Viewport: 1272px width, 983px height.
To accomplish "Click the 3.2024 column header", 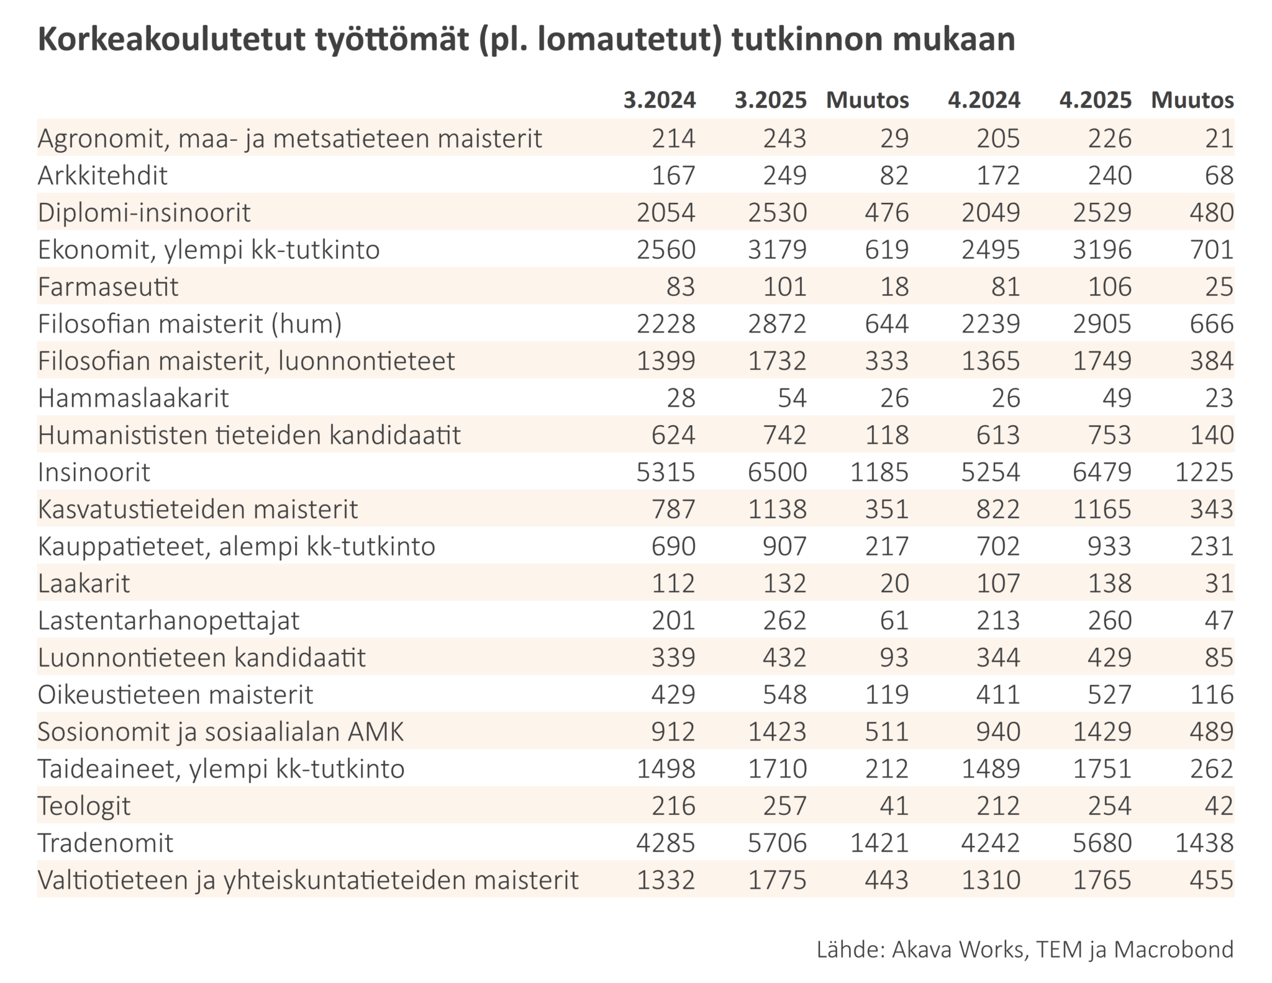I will (x=660, y=100).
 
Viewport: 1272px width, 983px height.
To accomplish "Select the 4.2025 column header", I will (x=1096, y=100).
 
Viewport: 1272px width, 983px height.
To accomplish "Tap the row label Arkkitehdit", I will (x=102, y=176).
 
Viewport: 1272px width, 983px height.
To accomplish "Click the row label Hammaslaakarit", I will (x=134, y=398).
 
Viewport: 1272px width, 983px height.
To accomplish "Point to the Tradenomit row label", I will (x=106, y=843).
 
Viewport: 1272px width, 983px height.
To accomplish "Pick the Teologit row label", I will (x=84, y=806).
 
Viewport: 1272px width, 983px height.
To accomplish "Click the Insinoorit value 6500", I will (x=777, y=472).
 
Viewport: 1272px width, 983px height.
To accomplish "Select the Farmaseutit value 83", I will (x=681, y=287).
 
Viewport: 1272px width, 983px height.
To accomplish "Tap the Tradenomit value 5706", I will (x=777, y=843).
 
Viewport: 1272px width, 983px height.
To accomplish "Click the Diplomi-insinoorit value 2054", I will (x=666, y=213).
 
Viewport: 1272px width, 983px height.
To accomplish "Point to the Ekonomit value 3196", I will (x=1102, y=249).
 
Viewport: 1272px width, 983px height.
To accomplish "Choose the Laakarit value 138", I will (x=1109, y=583).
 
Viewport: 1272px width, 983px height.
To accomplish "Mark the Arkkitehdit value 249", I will (x=784, y=176).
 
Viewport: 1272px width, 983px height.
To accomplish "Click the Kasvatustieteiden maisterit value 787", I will (x=673, y=509).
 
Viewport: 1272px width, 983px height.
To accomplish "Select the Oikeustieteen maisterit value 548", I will (x=784, y=694).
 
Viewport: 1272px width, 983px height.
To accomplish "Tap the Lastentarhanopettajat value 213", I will (x=997, y=620).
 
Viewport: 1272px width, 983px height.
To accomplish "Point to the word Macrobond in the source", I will (x=1173, y=949).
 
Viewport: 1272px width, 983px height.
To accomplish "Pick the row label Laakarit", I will (x=84, y=583).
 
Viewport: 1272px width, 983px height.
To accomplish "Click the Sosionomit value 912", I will (x=673, y=732).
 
